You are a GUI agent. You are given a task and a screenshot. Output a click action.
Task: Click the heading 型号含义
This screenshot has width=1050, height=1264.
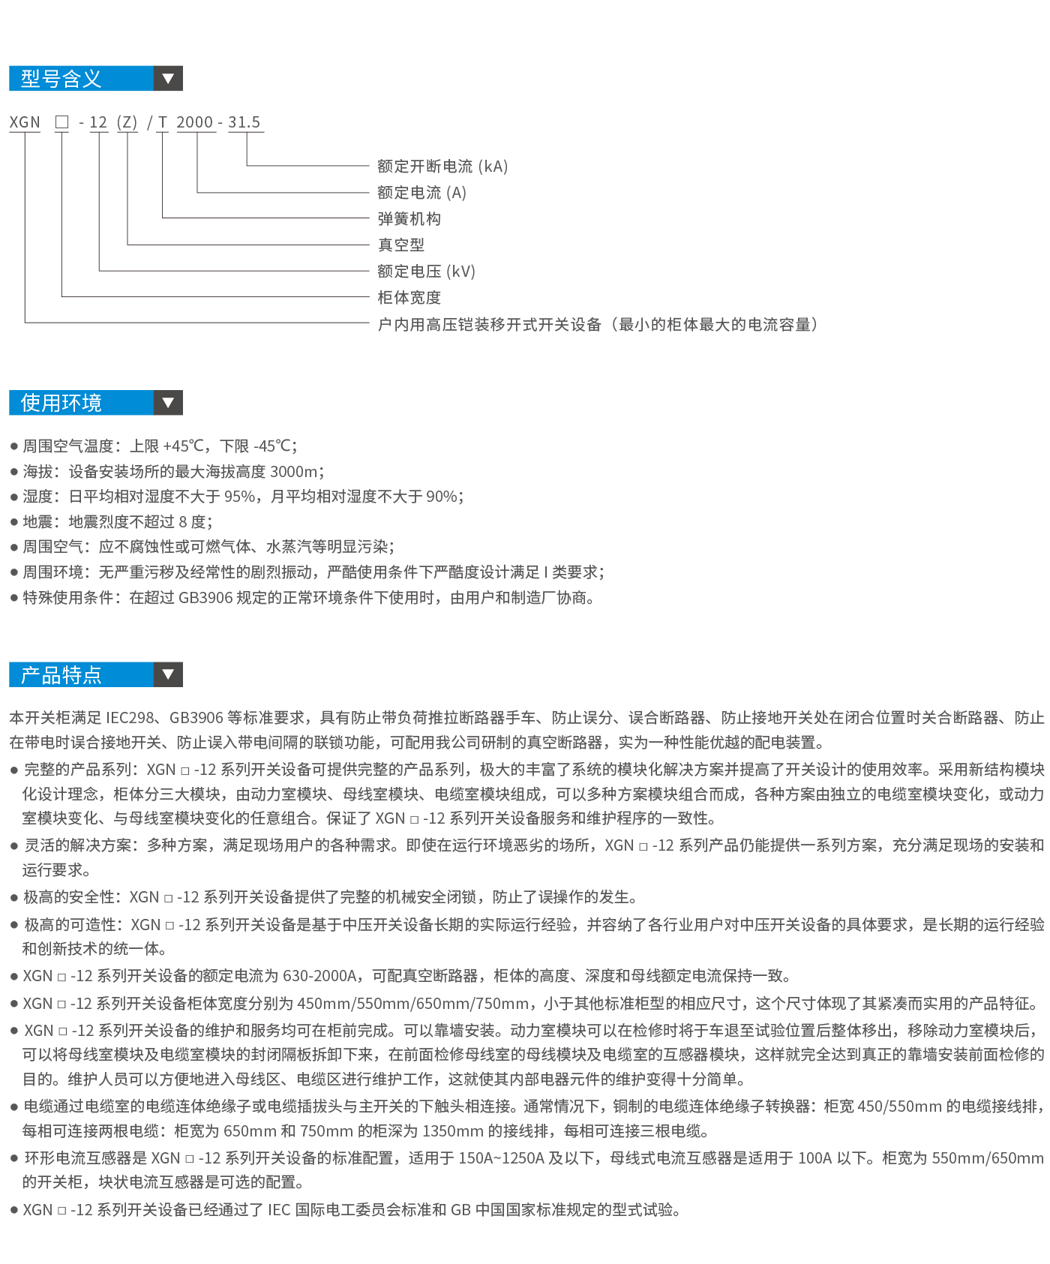(x=61, y=79)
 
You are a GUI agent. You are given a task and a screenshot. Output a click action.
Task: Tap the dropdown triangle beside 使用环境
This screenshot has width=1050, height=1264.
(x=168, y=403)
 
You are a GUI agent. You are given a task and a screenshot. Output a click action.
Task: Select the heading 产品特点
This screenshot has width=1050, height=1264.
(x=61, y=675)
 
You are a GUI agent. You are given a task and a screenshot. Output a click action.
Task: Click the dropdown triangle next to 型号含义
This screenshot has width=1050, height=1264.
(x=168, y=78)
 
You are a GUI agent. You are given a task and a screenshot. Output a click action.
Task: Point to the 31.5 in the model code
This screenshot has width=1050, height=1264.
(x=244, y=122)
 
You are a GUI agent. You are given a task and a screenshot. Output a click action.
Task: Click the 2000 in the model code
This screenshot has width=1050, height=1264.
(x=195, y=122)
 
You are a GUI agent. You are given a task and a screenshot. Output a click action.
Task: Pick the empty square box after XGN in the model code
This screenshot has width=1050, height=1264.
(x=61, y=122)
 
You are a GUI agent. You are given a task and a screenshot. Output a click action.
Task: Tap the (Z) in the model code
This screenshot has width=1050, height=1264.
(x=127, y=122)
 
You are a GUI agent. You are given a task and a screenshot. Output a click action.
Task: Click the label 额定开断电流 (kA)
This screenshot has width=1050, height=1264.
(x=442, y=167)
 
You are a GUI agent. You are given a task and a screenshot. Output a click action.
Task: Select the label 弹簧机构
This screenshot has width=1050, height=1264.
(x=409, y=219)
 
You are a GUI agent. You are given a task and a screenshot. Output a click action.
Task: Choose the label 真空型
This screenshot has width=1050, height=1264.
(x=400, y=245)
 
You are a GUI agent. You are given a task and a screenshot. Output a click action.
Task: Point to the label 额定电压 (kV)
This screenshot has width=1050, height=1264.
(x=426, y=272)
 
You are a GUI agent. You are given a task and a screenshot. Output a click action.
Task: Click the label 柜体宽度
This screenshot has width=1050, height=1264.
(x=409, y=298)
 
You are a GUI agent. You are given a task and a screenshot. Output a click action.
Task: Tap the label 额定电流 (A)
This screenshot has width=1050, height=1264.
(x=421, y=193)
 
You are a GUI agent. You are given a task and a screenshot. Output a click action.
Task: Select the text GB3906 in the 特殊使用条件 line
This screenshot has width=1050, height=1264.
(x=205, y=598)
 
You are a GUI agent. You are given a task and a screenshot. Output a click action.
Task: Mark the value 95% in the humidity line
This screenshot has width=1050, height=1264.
(x=239, y=497)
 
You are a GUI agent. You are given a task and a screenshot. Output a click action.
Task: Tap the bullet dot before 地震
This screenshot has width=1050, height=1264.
(x=13, y=522)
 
